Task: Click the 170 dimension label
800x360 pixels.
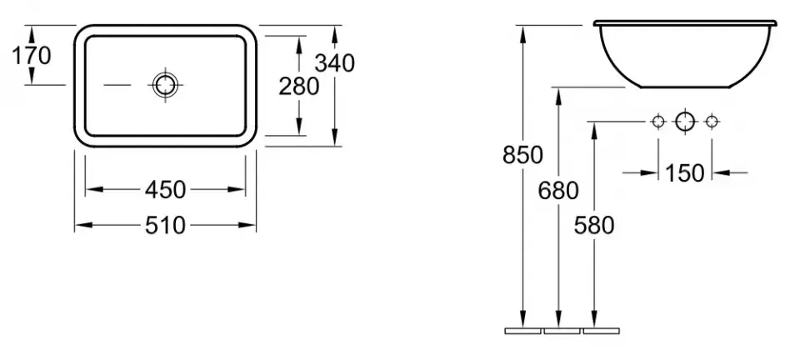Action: pyautogui.click(x=32, y=55)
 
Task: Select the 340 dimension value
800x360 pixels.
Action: pyautogui.click(x=334, y=63)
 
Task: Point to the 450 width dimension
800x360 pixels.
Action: pyautogui.click(x=165, y=190)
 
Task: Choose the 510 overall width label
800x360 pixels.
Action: pyautogui.click(x=165, y=225)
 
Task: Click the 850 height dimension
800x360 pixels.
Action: pyautogui.click(x=522, y=155)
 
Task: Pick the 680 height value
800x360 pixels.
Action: pyautogui.click(x=558, y=191)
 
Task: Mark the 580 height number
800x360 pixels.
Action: pyautogui.click(x=594, y=225)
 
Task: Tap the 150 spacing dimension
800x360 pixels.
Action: pyautogui.click(x=685, y=173)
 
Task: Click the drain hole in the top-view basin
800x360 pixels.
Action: pyautogui.click(x=165, y=85)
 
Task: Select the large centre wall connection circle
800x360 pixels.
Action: pyautogui.click(x=685, y=122)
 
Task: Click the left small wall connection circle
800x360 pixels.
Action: pyautogui.click(x=658, y=122)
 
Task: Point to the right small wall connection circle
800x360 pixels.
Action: pyautogui.click(x=712, y=122)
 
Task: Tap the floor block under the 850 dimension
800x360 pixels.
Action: pyautogui.click(x=523, y=331)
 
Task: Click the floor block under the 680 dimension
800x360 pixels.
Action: pyautogui.click(x=562, y=331)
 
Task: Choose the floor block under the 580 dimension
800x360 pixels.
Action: pyautogui.click(x=602, y=331)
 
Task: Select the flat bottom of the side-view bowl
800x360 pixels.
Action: pyautogui.click(x=685, y=87)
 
